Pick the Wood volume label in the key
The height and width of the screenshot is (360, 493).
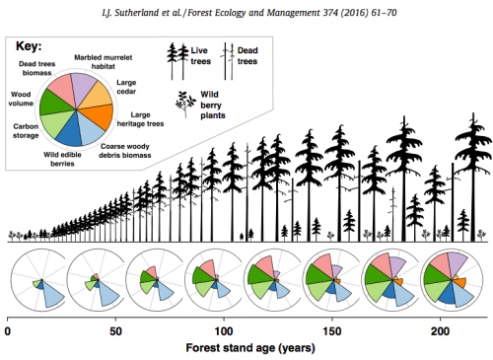point(21,101)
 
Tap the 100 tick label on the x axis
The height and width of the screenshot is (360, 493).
point(223,331)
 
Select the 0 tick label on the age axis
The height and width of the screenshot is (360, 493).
point(8,331)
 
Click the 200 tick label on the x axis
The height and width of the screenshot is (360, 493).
point(439,331)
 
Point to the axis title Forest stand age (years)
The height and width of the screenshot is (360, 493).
point(246,349)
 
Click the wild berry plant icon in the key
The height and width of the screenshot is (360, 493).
point(183,102)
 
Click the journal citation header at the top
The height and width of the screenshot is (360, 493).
point(246,9)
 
